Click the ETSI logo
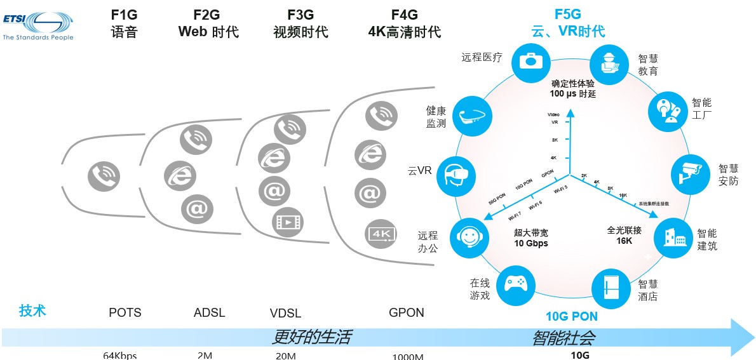pos(38,24)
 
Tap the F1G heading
pos(124,14)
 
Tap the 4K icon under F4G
pos(382,234)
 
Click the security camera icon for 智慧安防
pos(690,173)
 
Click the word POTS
pos(125,312)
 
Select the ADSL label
pos(209,312)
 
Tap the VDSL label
pos(285,313)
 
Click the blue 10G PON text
pos(572,316)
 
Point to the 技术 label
pos(33,310)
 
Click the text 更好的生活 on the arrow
pos(311,337)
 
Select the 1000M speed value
pos(407,356)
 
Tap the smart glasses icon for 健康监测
pos(473,116)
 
